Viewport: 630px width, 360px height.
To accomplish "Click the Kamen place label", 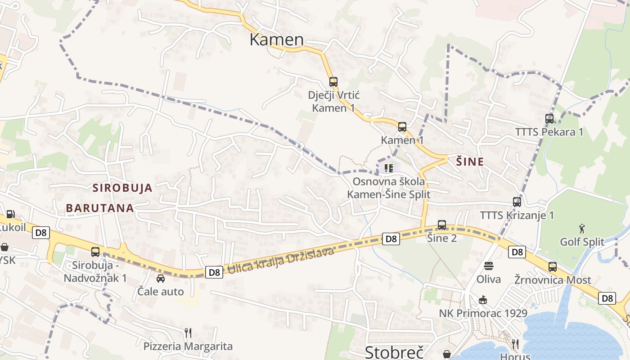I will (x=277, y=40).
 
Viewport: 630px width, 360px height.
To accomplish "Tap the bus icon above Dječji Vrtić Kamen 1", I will (x=333, y=82).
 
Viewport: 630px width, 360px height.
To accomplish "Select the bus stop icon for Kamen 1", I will (x=402, y=127).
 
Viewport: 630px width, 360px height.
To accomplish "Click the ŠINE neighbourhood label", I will (x=470, y=162).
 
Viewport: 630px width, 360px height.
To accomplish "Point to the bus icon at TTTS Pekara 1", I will (x=549, y=119).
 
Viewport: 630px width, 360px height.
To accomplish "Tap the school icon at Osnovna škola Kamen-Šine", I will (x=388, y=168).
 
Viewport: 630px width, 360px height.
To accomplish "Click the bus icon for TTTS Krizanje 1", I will (x=517, y=202).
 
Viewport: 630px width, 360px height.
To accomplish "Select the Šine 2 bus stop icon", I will (x=442, y=225).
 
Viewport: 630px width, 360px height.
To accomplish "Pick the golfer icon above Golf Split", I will (x=582, y=229).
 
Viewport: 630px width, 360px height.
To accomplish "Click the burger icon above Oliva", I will (x=489, y=266).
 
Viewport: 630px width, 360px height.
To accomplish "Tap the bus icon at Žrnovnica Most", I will (x=553, y=266).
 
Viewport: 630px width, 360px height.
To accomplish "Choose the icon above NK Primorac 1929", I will (x=483, y=300).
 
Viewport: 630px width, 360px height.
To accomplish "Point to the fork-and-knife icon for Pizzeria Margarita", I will (x=188, y=333).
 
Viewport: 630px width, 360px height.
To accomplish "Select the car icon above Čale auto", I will (x=161, y=279).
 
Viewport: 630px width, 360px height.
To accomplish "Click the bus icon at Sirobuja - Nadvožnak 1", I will (x=95, y=252).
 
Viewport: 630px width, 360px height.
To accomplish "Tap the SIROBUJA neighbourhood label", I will (x=122, y=188).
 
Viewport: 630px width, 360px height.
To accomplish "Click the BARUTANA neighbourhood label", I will (x=100, y=208).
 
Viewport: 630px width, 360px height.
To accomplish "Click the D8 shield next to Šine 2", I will (x=391, y=239).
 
